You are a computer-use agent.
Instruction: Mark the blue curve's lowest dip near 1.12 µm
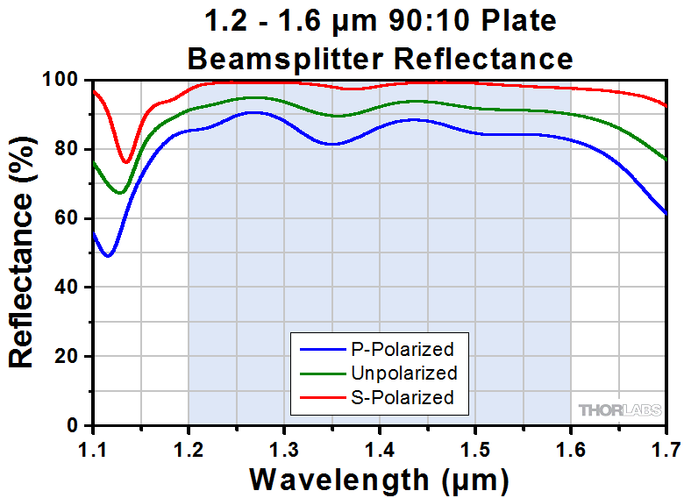107,256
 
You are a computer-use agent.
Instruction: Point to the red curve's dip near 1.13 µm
126,162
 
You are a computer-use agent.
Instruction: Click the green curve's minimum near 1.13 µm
120,193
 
